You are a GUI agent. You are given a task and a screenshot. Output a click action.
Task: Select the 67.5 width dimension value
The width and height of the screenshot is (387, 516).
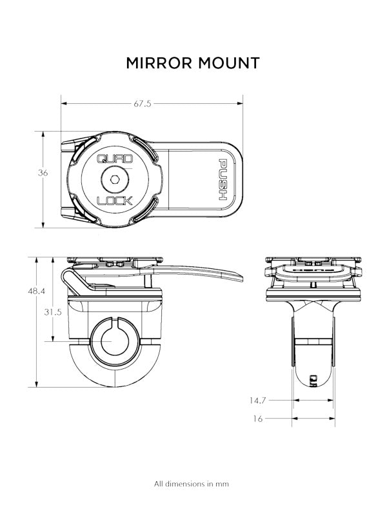click(143, 104)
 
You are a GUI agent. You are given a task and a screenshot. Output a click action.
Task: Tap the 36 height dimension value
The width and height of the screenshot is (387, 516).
click(43, 173)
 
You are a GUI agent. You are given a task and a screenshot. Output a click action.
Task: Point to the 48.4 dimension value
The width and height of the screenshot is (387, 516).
click(37, 291)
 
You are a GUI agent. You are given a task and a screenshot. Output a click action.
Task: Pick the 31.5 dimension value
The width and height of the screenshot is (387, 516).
click(53, 312)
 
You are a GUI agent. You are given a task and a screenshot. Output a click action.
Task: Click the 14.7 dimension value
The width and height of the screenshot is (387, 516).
click(257, 401)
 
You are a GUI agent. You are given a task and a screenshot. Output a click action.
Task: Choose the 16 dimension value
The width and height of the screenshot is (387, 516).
click(258, 419)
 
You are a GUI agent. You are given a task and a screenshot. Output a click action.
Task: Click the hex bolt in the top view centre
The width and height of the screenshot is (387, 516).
click(115, 179)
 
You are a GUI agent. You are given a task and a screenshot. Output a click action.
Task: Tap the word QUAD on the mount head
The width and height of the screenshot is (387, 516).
click(115, 159)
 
